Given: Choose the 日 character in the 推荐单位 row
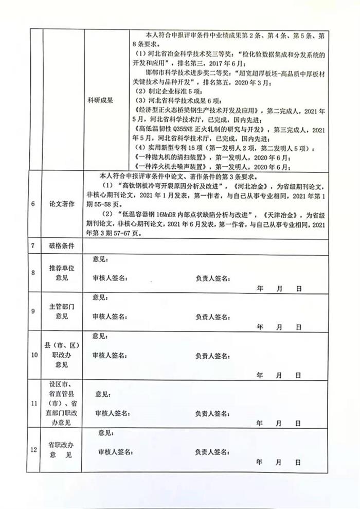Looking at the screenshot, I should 298,289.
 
